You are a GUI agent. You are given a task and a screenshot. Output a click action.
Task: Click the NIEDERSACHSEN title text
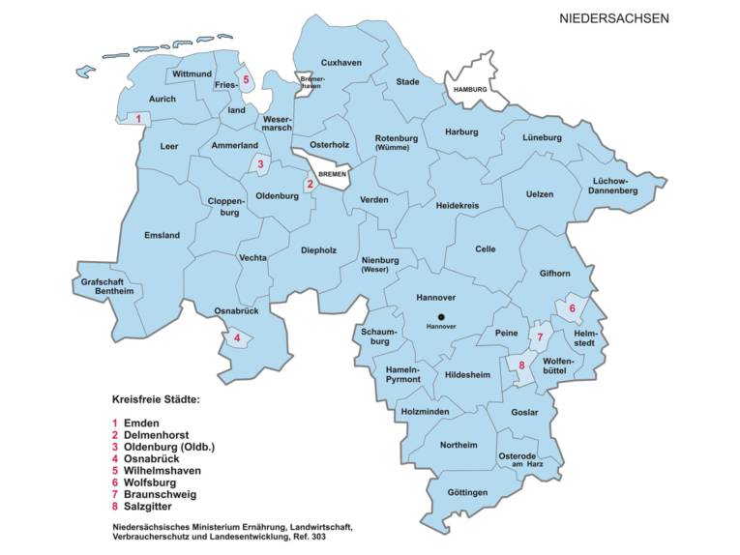click(x=613, y=17)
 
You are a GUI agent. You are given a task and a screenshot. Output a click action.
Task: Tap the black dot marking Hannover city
click(x=441, y=316)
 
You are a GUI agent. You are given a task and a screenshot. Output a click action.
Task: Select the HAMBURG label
click(x=474, y=89)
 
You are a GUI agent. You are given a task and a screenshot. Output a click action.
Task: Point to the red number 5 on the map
click(x=247, y=79)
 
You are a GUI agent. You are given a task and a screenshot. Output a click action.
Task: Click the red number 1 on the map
click(x=138, y=120)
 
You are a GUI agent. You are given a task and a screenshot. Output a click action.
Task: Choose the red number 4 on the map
click(x=236, y=337)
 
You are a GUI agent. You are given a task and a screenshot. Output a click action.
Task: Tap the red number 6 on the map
click(x=572, y=308)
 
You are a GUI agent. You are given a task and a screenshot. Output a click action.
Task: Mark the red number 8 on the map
click(x=521, y=365)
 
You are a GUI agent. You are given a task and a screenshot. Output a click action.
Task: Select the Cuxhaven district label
click(x=340, y=62)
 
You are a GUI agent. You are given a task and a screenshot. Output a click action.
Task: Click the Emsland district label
click(x=162, y=235)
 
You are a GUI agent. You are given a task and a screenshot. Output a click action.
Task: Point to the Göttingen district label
click(x=467, y=492)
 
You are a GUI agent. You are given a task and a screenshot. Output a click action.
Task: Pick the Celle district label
click(x=485, y=248)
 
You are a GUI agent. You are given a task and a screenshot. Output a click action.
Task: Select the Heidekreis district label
click(x=458, y=206)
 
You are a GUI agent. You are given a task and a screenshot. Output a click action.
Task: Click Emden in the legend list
click(x=143, y=423)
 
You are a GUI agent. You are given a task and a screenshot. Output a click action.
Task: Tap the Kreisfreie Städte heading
click(x=157, y=398)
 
